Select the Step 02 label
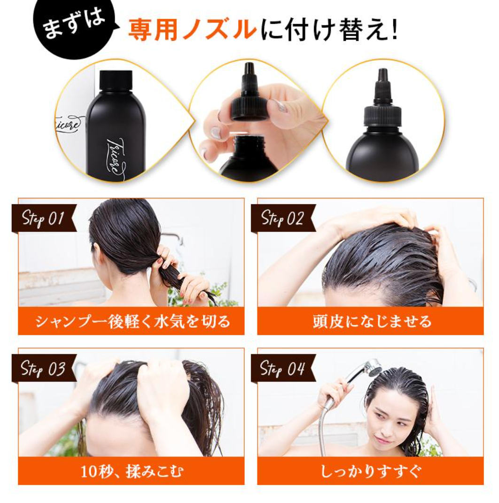[x=283, y=218]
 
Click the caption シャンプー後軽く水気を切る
[x=133, y=321]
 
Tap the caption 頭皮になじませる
[x=372, y=321]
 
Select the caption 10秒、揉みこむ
[x=132, y=471]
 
